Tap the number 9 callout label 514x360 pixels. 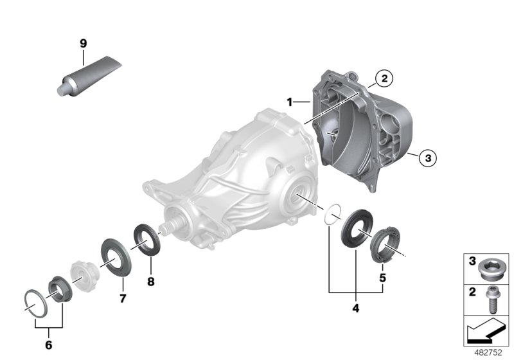tap(84, 43)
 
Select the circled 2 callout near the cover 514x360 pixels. tap(384, 78)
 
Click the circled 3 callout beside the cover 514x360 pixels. tap(428, 158)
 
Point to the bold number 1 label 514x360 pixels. tap(290, 102)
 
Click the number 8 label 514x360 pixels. tap(151, 282)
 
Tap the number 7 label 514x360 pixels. tap(123, 298)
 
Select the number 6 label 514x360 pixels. tap(49, 345)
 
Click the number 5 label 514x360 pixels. tap(382, 278)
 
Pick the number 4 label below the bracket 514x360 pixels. tap(356, 308)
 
